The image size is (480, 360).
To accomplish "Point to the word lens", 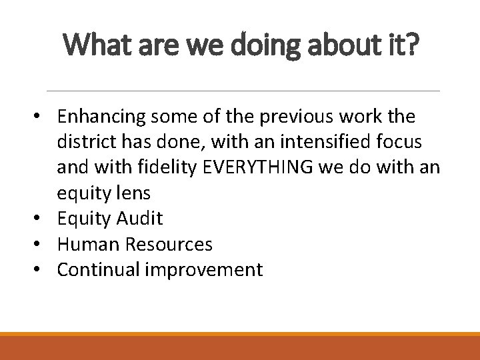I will click(x=133, y=194).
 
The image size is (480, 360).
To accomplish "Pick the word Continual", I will click(x=96, y=270).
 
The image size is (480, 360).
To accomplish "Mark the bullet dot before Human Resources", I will click(x=43, y=245).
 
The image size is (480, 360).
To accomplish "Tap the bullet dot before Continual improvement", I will click(x=43, y=270).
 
